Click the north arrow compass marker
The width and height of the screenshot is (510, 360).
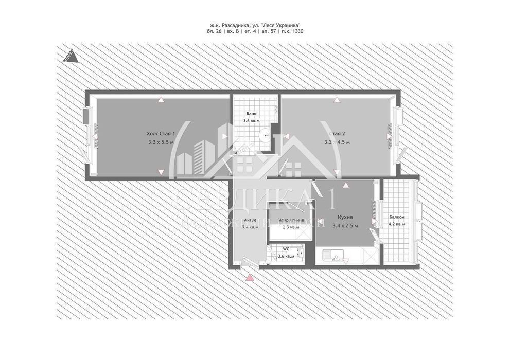pyautogui.click(x=70, y=55)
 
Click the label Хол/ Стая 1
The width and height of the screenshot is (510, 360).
pyautogui.click(x=161, y=134)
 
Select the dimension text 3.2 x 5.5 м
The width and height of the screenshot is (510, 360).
pyautogui.click(x=161, y=142)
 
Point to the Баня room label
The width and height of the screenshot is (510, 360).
pyautogui.click(x=251, y=114)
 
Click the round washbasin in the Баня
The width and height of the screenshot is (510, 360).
pyautogui.click(x=266, y=136)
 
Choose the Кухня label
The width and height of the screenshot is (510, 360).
pyautogui.click(x=344, y=217)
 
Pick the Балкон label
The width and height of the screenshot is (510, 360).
pyautogui.click(x=397, y=217)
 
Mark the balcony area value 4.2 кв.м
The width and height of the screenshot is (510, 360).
pyautogui.click(x=397, y=224)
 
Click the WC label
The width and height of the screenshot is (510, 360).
pyautogui.click(x=286, y=249)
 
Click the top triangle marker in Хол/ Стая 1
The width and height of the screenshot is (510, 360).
pyautogui.click(x=161, y=100)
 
